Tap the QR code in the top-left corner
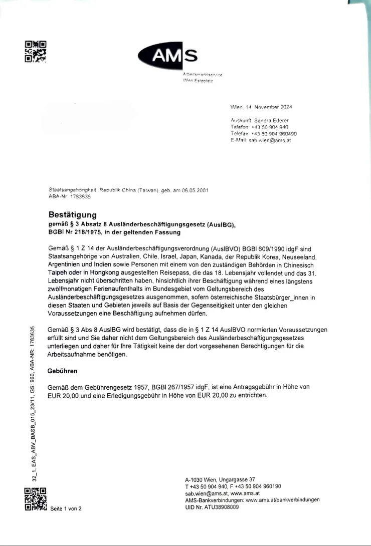pos(36,51)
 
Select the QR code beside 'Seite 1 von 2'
pos(36,499)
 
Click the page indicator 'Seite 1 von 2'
pos(66,508)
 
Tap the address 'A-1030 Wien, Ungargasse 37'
pos(220,479)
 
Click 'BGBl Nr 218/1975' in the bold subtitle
pos(75,232)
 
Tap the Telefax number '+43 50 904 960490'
pos(273,134)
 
